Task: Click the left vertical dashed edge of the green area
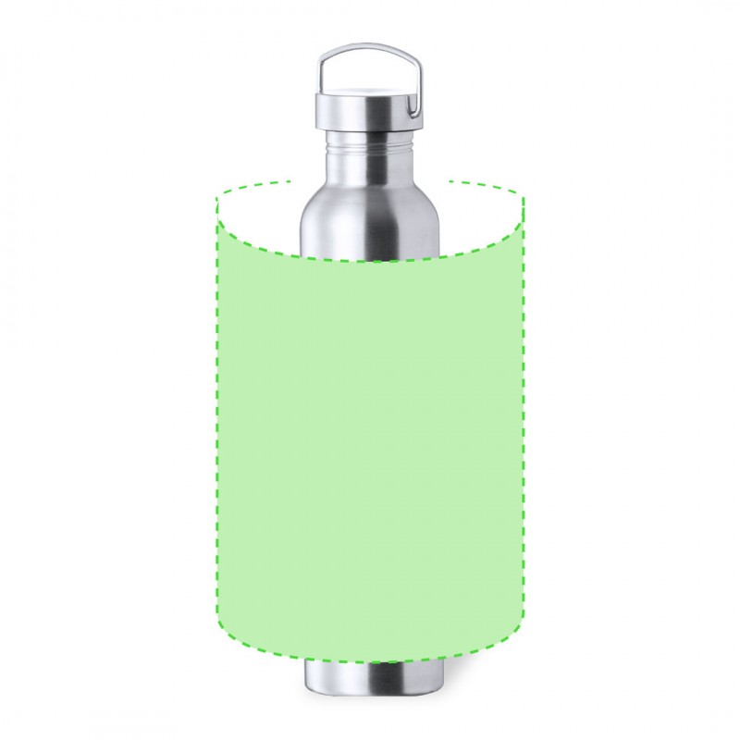click(217, 416)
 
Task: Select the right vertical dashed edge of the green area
click(523, 416)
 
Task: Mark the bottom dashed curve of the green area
click(370, 662)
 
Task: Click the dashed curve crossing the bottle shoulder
click(370, 261)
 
